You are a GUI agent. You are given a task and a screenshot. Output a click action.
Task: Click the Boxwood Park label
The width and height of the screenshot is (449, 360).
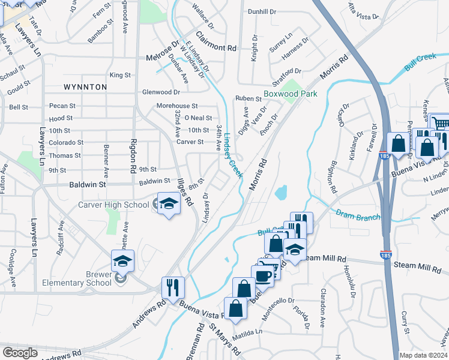coord(290,94)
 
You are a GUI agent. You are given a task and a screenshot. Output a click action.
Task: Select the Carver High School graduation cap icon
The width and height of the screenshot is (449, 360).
coord(169,204)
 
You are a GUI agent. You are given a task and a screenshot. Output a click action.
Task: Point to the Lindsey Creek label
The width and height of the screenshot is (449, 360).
coord(232,155)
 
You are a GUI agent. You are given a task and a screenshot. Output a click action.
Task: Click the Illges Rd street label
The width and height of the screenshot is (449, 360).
coord(184,192)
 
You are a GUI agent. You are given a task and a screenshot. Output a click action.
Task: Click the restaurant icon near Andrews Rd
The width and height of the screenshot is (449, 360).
coord(172,287)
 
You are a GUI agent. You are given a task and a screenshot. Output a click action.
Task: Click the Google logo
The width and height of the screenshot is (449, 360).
coord(20,353)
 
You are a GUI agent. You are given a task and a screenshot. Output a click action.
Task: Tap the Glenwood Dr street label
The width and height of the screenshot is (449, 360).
coord(161,92)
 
